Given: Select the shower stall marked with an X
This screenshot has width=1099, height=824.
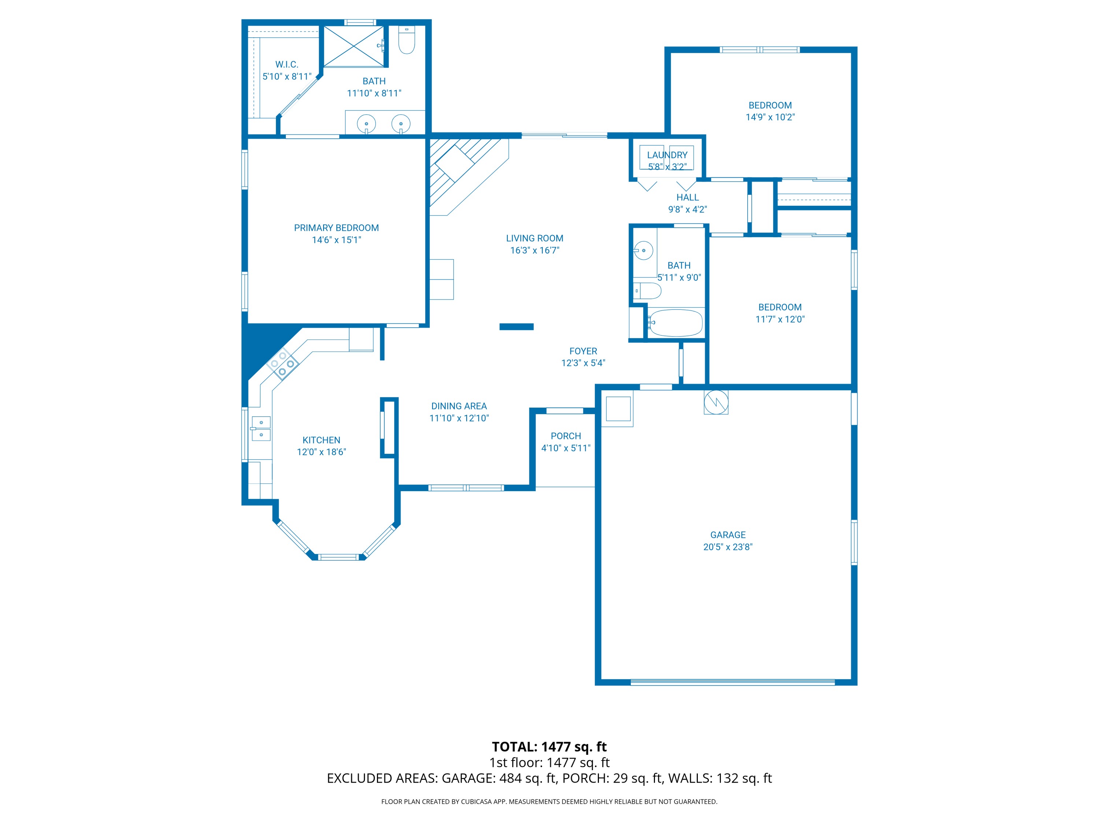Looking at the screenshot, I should [x=354, y=46].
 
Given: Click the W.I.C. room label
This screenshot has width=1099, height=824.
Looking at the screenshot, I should [x=287, y=64].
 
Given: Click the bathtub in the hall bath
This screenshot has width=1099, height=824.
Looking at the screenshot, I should [x=675, y=323].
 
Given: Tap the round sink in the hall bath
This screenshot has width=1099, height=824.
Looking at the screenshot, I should [x=643, y=250].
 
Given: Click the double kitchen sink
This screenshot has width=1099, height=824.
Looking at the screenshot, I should [x=261, y=428].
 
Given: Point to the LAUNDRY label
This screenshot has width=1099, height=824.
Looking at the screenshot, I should [x=667, y=155].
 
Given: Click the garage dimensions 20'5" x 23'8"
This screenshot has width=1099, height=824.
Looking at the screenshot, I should [x=728, y=547].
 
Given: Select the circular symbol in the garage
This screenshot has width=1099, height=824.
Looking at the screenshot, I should [x=716, y=401].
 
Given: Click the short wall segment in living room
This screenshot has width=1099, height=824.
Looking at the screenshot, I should [x=516, y=327].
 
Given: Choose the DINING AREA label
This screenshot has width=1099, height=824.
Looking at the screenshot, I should [x=459, y=406].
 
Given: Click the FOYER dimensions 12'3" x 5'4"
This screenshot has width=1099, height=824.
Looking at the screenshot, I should [x=583, y=363].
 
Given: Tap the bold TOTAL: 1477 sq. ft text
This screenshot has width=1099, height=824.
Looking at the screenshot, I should [x=549, y=746].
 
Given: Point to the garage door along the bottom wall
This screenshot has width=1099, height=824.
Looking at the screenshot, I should [x=732, y=682].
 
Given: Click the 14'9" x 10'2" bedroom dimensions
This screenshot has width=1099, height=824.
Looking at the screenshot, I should [x=770, y=117].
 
